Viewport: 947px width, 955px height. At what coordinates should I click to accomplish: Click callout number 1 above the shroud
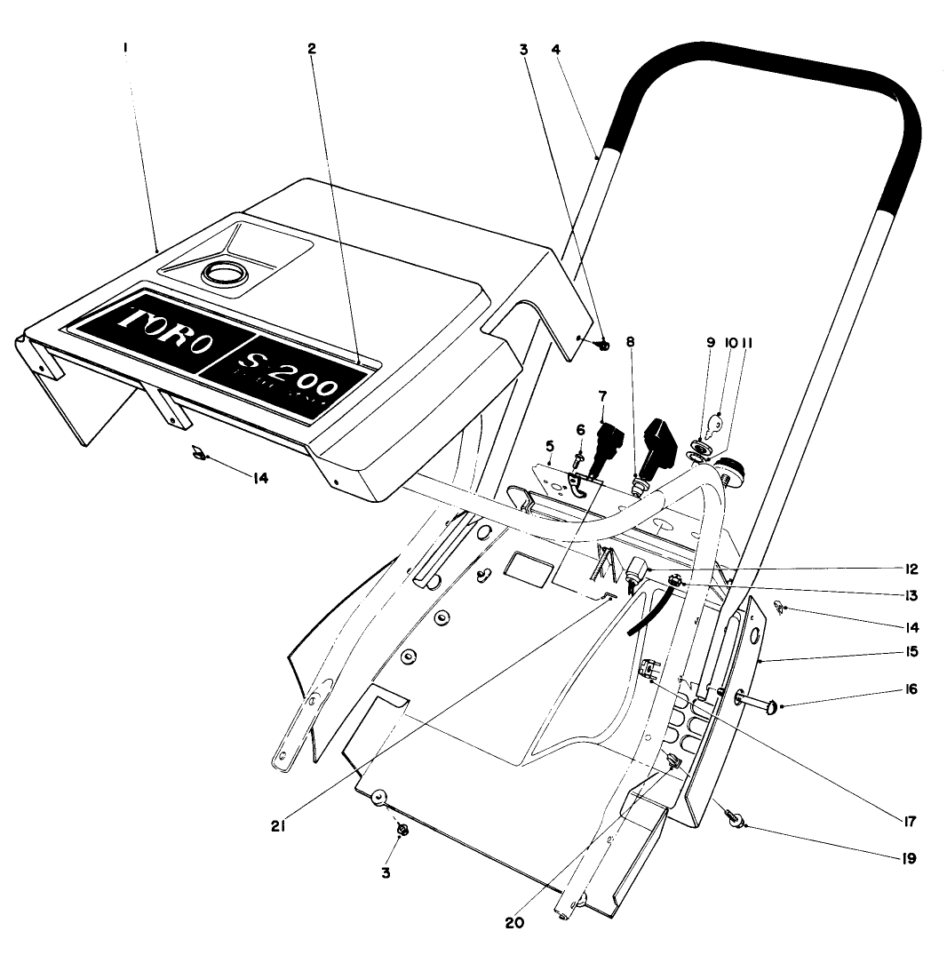coord(125,51)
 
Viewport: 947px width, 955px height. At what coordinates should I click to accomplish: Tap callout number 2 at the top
coord(312,50)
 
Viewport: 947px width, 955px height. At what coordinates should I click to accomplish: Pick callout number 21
coord(276,824)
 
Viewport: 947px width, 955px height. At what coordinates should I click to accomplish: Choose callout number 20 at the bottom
coord(515,921)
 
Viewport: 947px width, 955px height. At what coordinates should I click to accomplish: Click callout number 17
coord(907,820)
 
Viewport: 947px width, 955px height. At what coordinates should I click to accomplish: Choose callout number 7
coord(601,394)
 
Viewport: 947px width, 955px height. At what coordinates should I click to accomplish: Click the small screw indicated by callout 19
coord(735,818)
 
